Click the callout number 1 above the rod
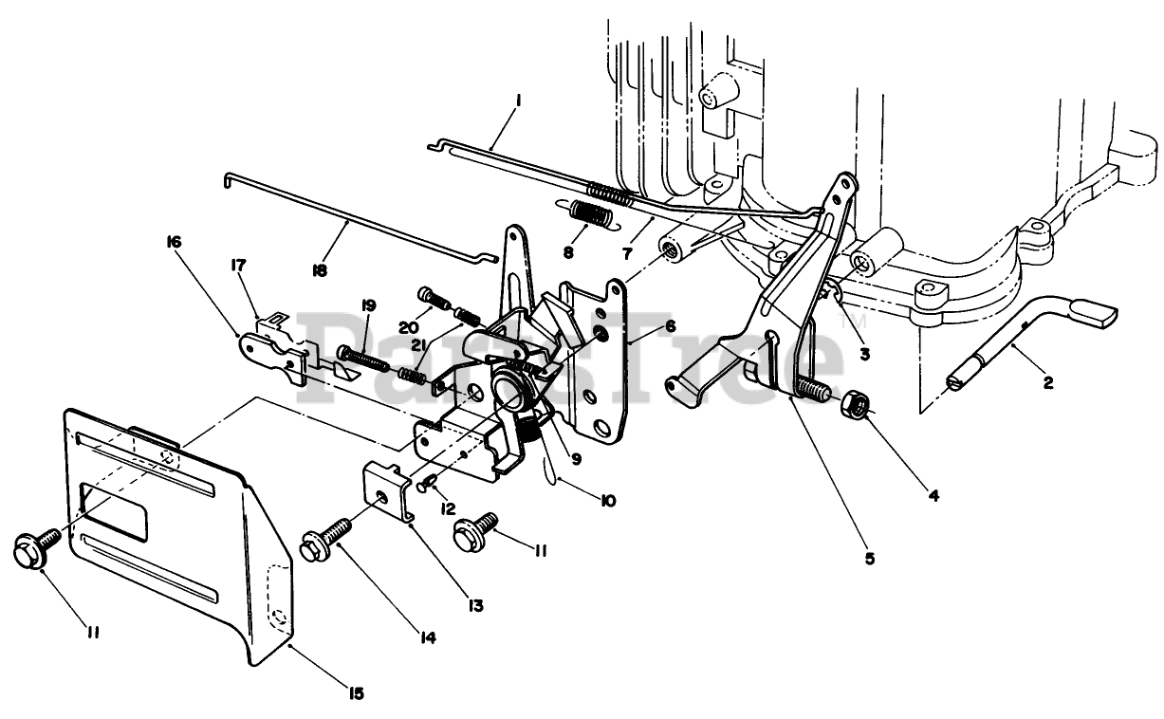519,100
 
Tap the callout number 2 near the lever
1047,382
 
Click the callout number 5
870,557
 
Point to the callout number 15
356,692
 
